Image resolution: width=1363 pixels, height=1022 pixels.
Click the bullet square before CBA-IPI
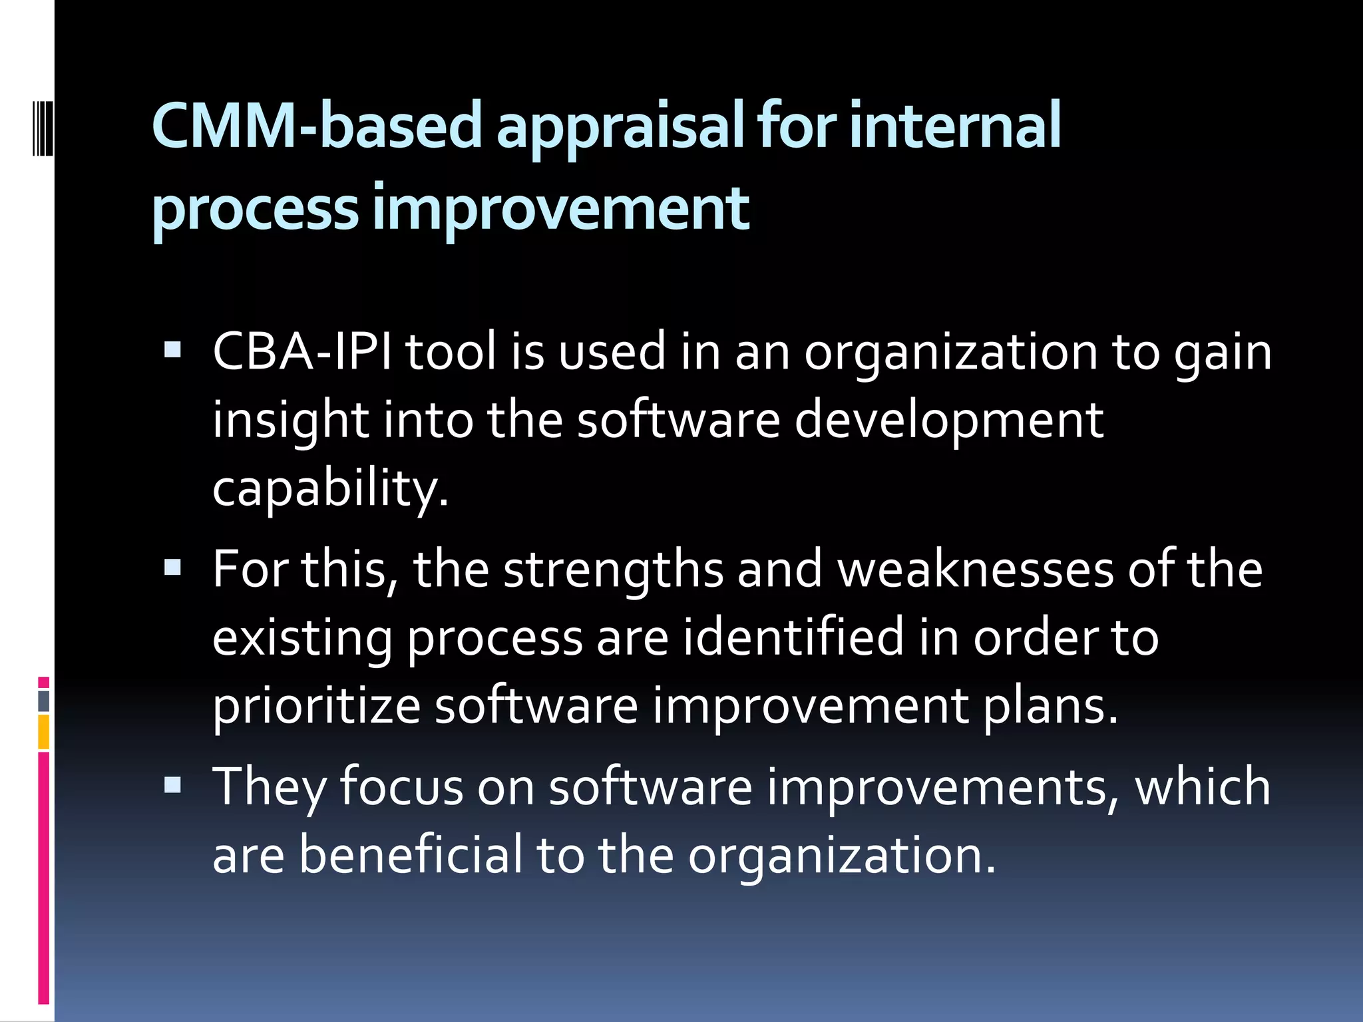click(172, 349)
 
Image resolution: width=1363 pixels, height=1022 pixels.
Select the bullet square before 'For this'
click(172, 567)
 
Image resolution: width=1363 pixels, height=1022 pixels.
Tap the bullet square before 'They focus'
click(172, 784)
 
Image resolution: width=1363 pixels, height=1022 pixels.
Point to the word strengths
click(613, 571)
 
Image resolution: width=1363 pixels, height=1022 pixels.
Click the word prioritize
click(316, 707)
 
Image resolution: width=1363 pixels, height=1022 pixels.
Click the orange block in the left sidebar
click(44, 732)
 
